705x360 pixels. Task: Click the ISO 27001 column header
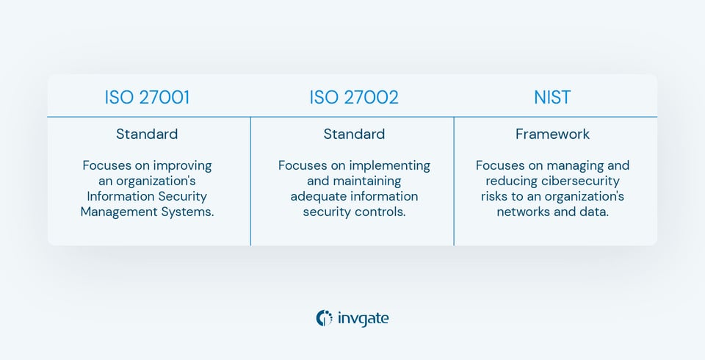[147, 98]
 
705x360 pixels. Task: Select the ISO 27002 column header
[354, 98]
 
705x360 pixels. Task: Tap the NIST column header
[552, 98]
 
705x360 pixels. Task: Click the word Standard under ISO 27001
[147, 134]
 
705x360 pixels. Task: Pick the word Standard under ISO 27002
[354, 134]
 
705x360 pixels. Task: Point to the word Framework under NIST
[552, 134]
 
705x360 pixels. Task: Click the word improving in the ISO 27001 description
[184, 165]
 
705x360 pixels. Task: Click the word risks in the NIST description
[496, 196]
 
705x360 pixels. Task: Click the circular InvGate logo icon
[324, 318]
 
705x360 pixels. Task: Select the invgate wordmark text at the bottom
[364, 318]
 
